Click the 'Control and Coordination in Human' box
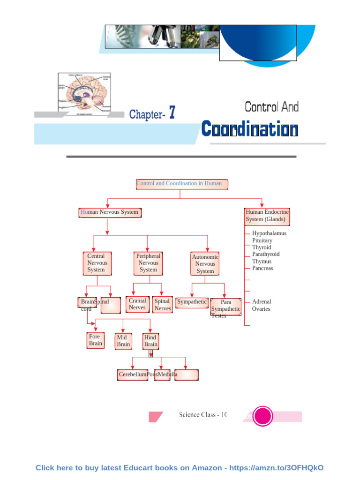(182, 184)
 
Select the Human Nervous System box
(110, 212)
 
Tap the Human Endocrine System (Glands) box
(267, 216)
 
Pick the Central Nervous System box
(97, 263)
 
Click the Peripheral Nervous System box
(148, 263)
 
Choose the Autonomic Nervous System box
(205, 264)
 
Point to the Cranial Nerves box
(137, 304)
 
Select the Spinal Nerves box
(162, 305)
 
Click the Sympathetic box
(192, 302)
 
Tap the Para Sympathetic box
(226, 306)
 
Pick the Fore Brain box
(95, 340)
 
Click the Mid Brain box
(123, 341)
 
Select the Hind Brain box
(151, 341)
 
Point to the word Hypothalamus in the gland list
(269, 233)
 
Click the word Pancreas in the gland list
(262, 269)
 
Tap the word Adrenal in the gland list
(262, 302)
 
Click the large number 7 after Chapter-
(172, 113)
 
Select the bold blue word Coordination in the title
(249, 129)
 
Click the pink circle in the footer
(263, 416)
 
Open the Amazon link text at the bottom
(180, 468)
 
